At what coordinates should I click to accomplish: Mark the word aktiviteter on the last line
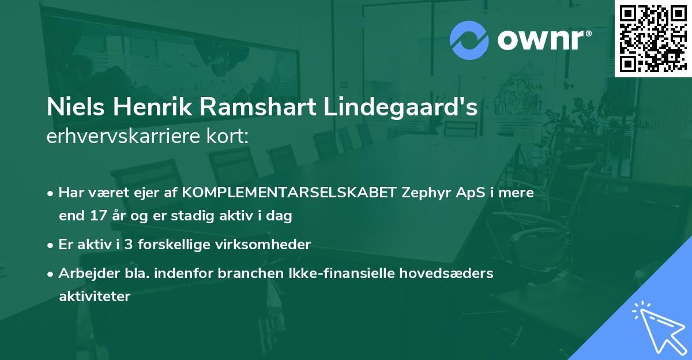[x=95, y=297]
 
